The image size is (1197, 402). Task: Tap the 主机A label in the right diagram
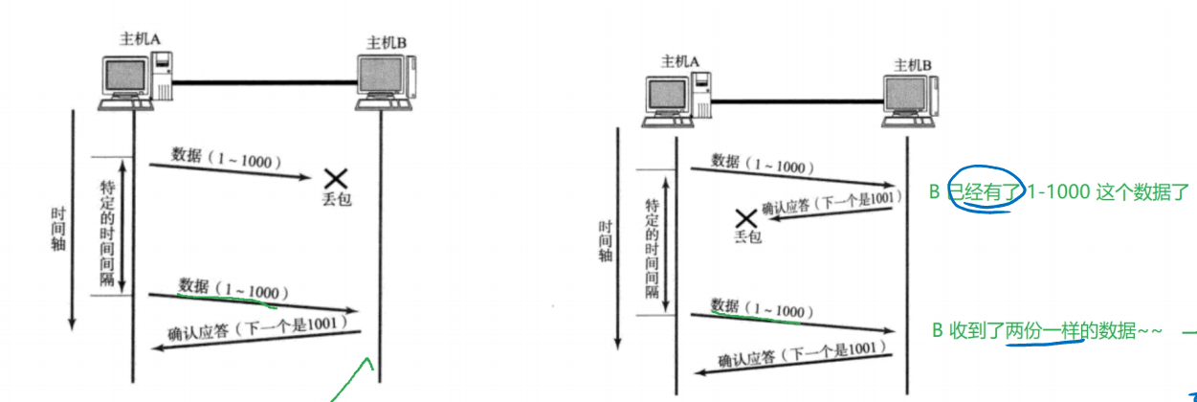(680, 62)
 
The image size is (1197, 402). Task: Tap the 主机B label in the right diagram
(913, 65)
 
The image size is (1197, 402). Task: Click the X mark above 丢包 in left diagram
(335, 177)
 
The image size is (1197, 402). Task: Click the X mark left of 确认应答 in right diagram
(745, 217)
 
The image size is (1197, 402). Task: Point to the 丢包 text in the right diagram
(747, 235)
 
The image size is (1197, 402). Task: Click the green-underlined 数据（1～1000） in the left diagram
(233, 288)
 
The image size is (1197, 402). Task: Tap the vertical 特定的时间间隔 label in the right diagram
(652, 246)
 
